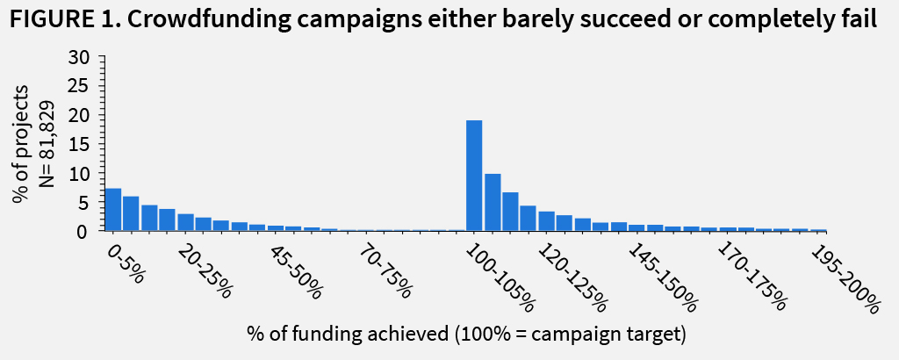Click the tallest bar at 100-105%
474,175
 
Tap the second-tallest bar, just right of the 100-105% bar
493,202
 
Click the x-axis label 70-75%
385,271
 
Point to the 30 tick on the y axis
81,57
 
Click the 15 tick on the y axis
81,144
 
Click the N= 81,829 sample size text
48,145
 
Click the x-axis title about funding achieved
465,335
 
